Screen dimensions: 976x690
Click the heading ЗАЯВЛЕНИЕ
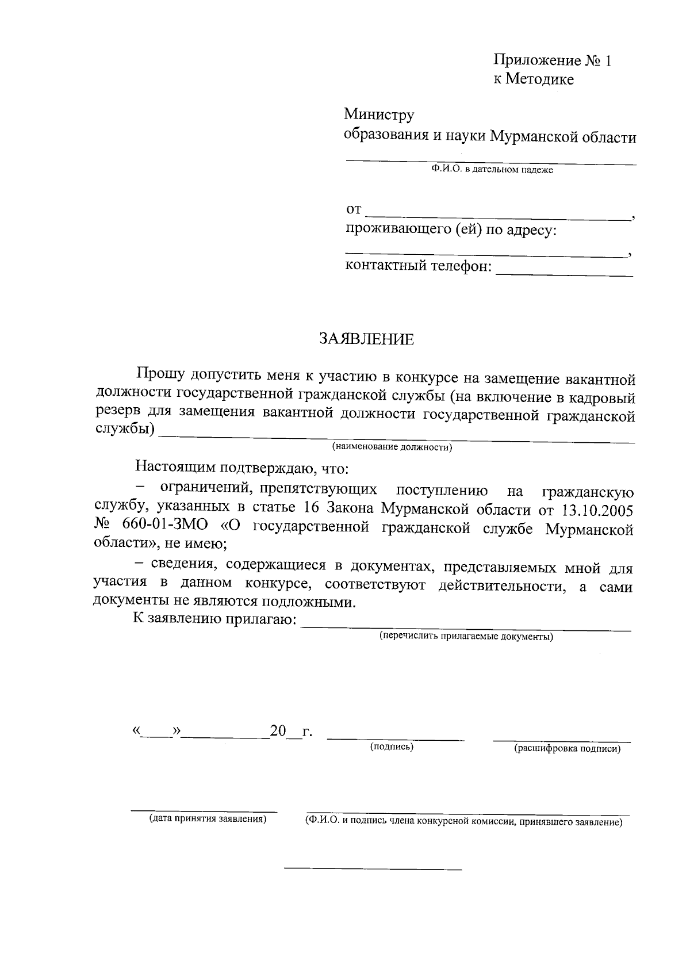tap(366, 339)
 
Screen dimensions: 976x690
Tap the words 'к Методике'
tap(534, 79)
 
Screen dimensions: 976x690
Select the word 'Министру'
tap(379, 115)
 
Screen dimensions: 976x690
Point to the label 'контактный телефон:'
tap(419, 266)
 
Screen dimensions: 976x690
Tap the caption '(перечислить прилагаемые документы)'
tap(466, 636)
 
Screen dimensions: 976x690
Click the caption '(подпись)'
tap(392, 747)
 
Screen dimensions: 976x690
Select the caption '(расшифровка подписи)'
tap(567, 749)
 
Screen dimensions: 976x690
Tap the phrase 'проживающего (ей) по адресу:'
tap(451, 231)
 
